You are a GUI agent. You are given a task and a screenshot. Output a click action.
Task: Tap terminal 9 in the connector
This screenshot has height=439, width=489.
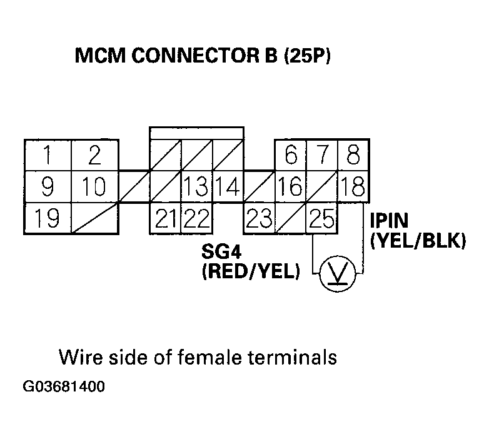(48, 186)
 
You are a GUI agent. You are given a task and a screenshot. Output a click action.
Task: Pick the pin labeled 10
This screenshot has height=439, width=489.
(94, 186)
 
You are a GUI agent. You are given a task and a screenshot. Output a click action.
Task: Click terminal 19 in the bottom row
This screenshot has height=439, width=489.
(48, 218)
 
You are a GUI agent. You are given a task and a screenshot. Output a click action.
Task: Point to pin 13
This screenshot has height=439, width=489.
(197, 186)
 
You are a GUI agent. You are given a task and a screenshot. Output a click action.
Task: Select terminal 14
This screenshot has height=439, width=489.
(228, 186)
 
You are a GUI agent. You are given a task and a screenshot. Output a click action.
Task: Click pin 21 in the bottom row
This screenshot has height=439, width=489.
(165, 218)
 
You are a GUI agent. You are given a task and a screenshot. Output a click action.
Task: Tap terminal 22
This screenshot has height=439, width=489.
(197, 218)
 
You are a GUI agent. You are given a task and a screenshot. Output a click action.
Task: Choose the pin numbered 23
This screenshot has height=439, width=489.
(259, 218)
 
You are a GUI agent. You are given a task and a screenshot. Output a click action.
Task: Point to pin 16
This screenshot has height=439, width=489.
(291, 186)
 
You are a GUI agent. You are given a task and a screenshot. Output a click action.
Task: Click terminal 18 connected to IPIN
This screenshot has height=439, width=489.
(353, 186)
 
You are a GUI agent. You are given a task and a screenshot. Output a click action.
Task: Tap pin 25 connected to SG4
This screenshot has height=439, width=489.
(322, 218)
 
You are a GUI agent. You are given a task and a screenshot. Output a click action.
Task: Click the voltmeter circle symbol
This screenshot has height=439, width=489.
(337, 273)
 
